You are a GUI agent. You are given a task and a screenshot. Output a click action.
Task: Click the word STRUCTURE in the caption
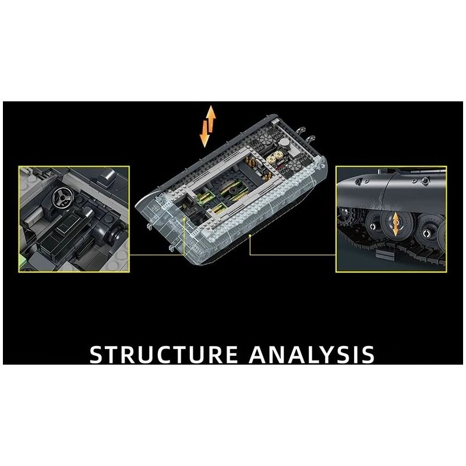[164, 354]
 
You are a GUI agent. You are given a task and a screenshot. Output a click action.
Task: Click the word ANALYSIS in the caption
[312, 354]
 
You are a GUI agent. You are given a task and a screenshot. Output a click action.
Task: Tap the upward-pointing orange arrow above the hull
[211, 119]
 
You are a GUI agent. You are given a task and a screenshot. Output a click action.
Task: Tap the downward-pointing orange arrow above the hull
[204, 134]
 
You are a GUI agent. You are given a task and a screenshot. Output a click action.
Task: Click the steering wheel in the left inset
[63, 198]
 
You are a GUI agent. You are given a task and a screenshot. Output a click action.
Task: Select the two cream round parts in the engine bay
[274, 157]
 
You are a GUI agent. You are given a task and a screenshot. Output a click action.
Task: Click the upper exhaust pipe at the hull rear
[302, 130]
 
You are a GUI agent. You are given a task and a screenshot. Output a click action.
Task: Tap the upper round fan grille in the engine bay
[264, 139]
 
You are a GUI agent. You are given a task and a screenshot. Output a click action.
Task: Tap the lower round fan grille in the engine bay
[294, 165]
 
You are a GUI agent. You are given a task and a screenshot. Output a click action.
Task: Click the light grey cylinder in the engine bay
[284, 143]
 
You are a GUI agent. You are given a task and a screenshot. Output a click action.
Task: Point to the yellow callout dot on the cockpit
[185, 219]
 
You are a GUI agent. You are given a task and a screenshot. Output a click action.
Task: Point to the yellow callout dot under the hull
[250, 235]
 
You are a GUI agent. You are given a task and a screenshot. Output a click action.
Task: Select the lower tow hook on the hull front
[171, 248]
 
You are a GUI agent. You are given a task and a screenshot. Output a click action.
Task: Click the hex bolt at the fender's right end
[425, 180]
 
